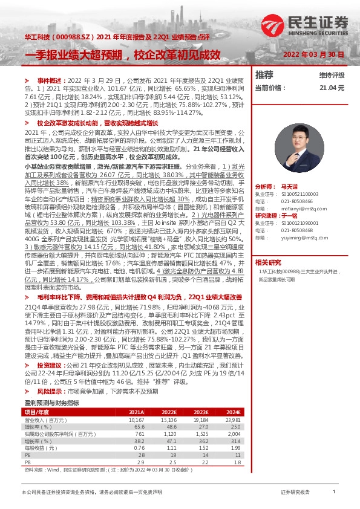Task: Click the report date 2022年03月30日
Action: (315, 54)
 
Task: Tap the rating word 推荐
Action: (264, 75)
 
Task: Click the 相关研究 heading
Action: (268, 246)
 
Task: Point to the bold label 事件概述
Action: (50, 80)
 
